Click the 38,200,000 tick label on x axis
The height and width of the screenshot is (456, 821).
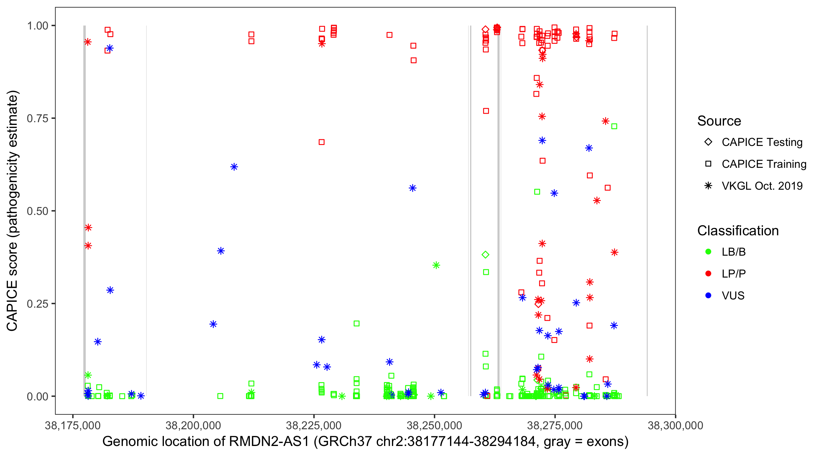(193, 425)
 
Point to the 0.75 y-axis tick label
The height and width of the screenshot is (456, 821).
(37, 118)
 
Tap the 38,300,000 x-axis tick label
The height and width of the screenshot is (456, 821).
(675, 425)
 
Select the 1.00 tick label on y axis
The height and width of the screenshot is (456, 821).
(37, 26)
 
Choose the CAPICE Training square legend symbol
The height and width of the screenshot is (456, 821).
(708, 164)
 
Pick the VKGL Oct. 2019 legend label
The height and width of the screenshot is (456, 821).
(762, 186)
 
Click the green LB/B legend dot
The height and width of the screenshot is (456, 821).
(708, 252)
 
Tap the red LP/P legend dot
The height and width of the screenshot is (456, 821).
(708, 274)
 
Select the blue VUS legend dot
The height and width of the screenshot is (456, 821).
(708, 295)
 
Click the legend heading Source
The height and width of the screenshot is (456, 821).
(719, 121)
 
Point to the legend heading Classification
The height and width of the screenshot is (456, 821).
(738, 230)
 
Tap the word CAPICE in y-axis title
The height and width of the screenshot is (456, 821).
(12, 305)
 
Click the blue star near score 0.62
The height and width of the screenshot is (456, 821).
(234, 167)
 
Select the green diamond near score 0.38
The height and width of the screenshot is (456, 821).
(485, 255)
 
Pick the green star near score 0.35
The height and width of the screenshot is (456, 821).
(436, 265)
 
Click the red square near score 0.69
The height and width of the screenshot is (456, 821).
(322, 142)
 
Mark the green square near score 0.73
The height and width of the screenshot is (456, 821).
(614, 126)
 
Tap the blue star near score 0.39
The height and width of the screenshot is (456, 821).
(220, 251)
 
